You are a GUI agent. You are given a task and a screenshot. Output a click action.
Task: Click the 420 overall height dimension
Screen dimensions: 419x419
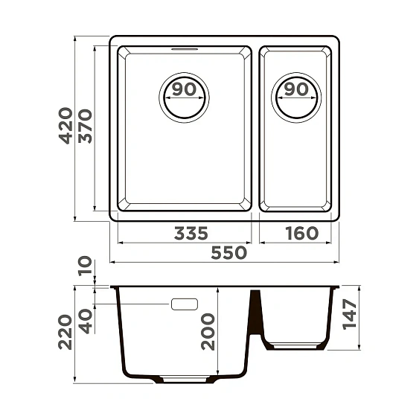coord(65,126)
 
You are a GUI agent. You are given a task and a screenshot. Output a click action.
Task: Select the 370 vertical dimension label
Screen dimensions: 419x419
coord(85,126)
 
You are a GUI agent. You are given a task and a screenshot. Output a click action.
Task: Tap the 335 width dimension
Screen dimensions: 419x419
coord(191,234)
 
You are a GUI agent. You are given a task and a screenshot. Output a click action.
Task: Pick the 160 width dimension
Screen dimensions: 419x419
coord(301,234)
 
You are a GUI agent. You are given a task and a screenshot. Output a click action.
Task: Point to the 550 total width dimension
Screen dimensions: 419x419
coord(227,253)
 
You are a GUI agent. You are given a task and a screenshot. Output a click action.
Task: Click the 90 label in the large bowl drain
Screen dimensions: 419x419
coord(184,90)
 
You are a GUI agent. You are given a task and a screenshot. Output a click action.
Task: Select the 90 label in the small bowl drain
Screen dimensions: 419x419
coord(296,90)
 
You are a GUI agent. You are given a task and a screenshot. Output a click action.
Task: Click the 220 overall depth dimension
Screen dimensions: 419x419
coord(65,332)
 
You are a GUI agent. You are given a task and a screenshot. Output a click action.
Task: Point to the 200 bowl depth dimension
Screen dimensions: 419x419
coord(207,330)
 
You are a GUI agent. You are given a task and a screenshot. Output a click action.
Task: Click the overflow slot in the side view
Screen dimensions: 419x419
coord(184,304)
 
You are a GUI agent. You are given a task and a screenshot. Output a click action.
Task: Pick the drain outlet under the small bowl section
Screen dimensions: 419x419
coord(295,346)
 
